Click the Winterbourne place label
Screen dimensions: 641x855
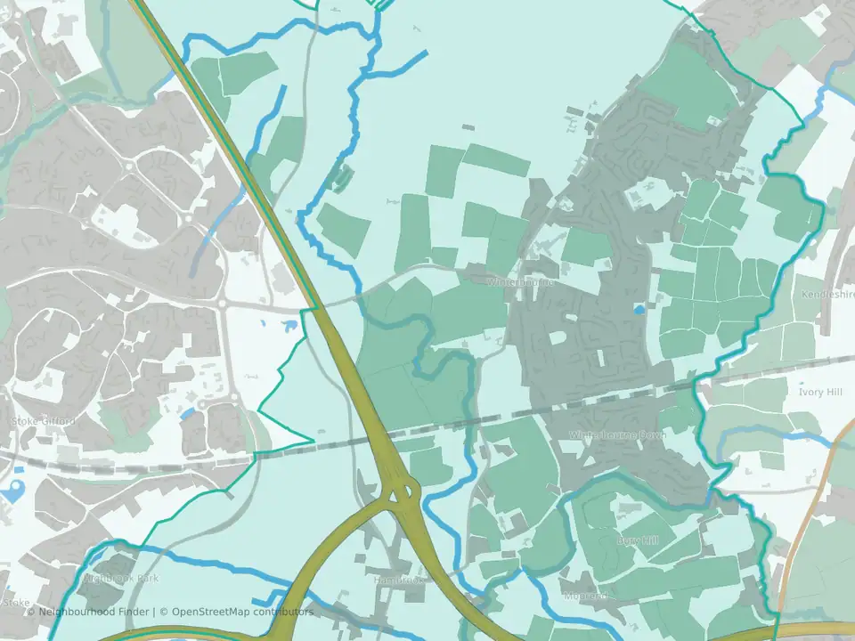(x=520, y=282)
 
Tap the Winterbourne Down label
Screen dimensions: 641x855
(x=617, y=434)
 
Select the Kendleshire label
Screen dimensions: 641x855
(x=827, y=294)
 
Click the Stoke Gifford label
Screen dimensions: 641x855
(x=43, y=420)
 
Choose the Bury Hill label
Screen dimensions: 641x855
(x=638, y=540)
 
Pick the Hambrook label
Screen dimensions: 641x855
(x=398, y=580)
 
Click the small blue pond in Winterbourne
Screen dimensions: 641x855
(x=639, y=310)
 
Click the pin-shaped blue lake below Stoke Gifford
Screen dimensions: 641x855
(x=12, y=491)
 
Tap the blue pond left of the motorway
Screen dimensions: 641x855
(x=289, y=327)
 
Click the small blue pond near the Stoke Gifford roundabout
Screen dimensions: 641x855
(x=187, y=414)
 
